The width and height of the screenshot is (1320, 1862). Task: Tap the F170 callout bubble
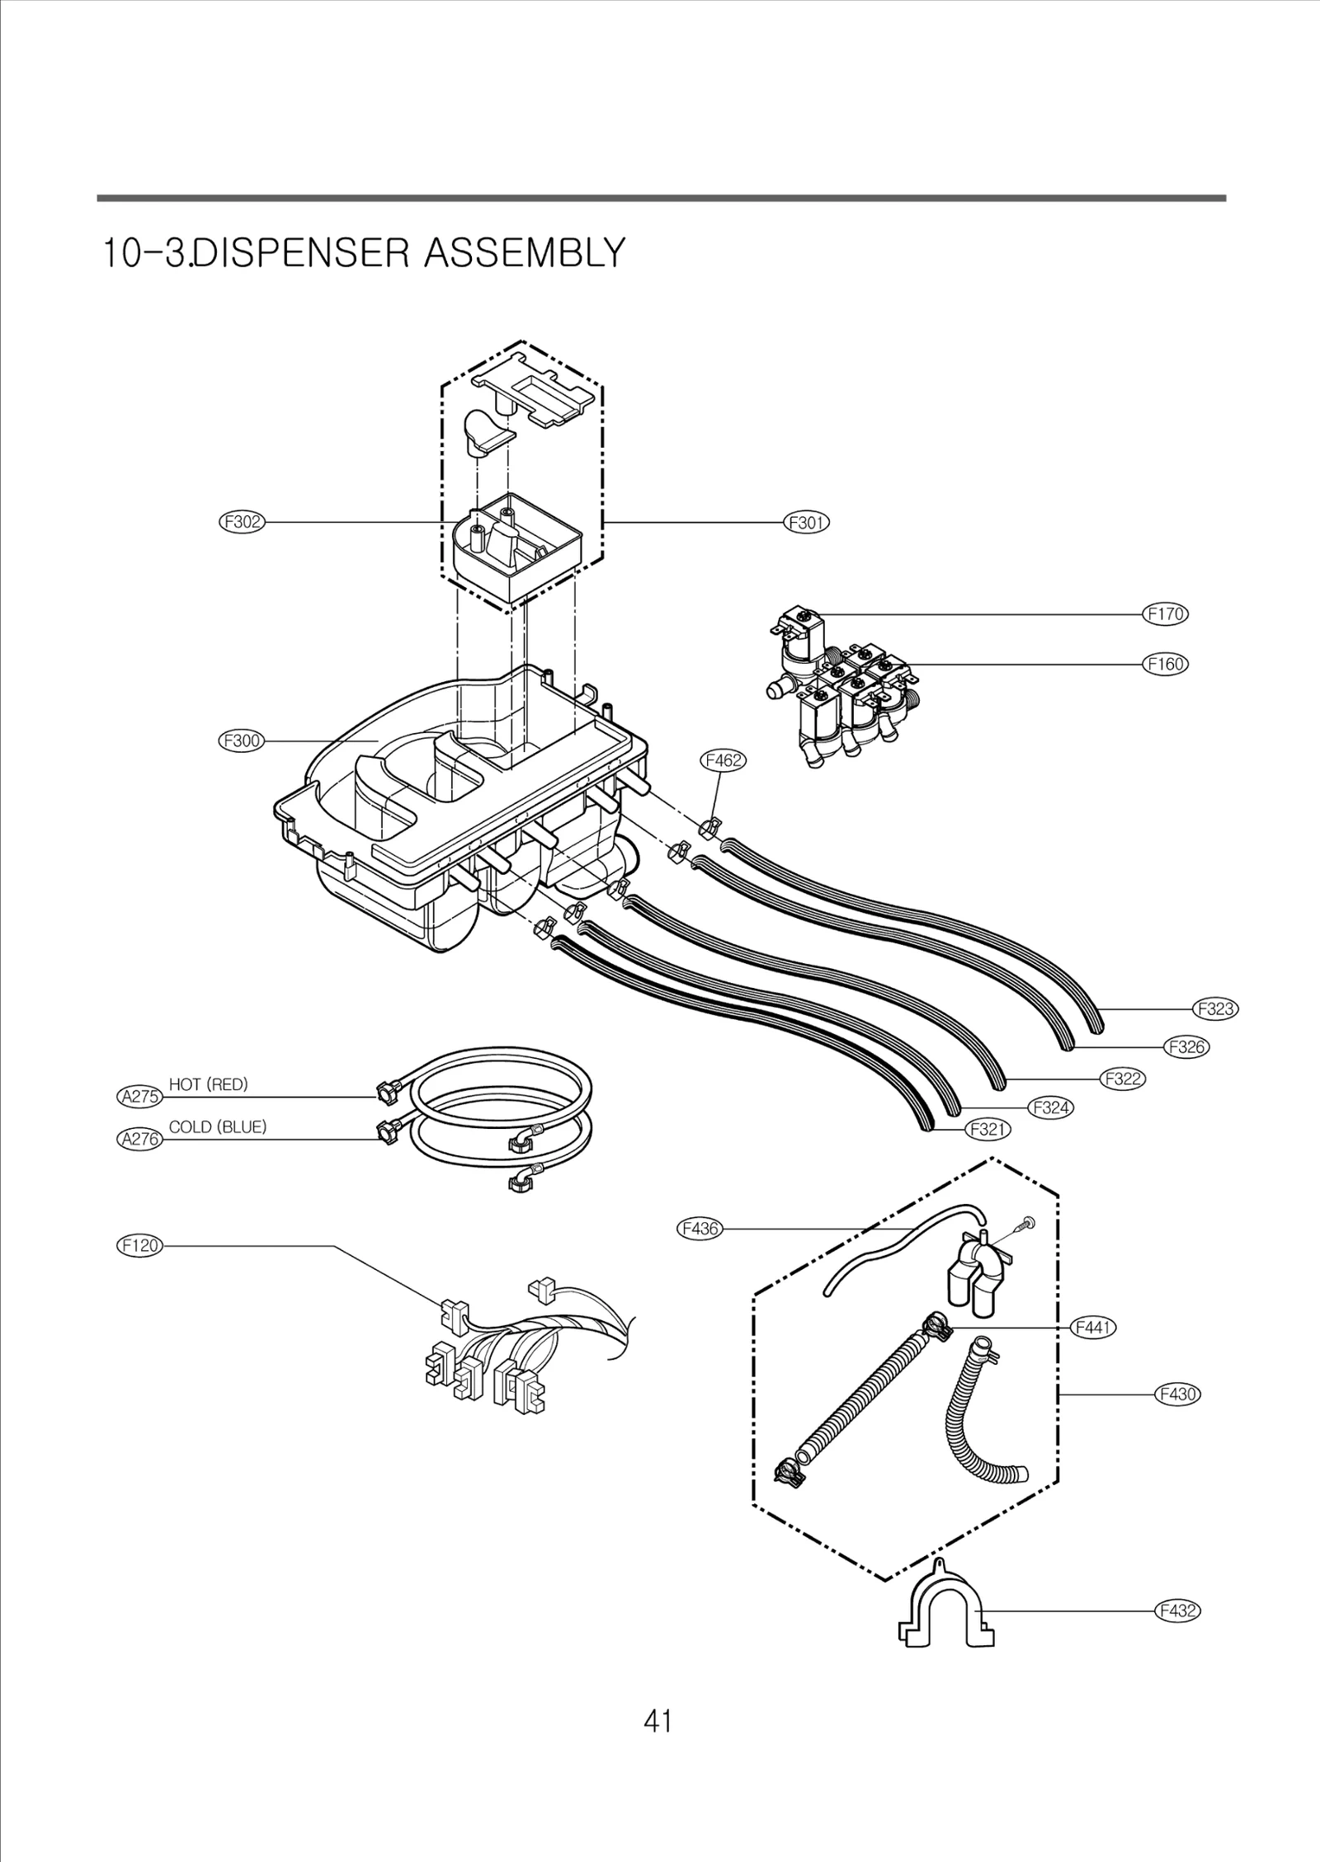[x=1166, y=614]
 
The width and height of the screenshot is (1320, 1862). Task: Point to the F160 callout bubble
[x=1166, y=664]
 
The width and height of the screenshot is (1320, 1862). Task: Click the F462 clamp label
[x=724, y=760]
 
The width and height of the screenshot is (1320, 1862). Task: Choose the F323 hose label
[x=1216, y=1009]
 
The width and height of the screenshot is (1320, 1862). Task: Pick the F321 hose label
[x=988, y=1129]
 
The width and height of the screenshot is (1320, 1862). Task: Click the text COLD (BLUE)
[x=218, y=1127]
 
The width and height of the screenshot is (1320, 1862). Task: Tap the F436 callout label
[x=700, y=1252]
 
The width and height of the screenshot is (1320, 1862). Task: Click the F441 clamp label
[x=1092, y=1328]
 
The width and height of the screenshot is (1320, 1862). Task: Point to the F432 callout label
[x=1176, y=1610]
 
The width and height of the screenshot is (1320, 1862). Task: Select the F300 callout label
[x=241, y=741]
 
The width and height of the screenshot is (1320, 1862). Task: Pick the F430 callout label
[x=1176, y=1394]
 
